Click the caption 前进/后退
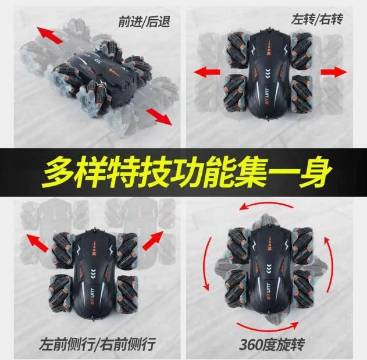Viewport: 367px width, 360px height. (x=144, y=22)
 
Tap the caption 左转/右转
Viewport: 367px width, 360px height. (x=317, y=19)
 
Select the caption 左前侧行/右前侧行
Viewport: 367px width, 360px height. (x=97, y=343)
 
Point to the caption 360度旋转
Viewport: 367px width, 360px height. (x=272, y=344)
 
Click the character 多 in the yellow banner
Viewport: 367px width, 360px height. (x=58, y=173)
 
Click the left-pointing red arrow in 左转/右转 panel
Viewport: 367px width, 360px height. (x=208, y=72)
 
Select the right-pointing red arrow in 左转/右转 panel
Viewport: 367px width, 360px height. (x=334, y=72)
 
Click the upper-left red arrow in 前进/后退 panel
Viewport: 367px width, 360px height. (x=50, y=35)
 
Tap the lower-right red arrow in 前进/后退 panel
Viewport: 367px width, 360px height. (x=159, y=117)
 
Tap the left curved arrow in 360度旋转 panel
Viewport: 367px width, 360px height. (x=206, y=264)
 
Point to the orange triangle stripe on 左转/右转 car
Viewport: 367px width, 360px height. (x=269, y=48)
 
